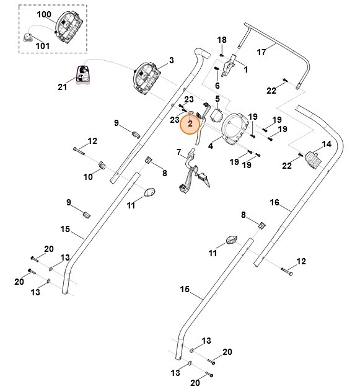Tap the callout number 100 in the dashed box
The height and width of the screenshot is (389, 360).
tap(45, 14)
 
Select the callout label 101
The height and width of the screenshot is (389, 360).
tap(43, 45)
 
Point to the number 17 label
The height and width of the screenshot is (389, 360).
tap(261, 52)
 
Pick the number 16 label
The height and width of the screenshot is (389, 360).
tap(275, 203)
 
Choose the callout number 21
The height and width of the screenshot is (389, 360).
tap(63, 87)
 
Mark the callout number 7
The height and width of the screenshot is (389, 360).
tap(178, 152)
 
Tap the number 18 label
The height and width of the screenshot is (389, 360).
tap(222, 40)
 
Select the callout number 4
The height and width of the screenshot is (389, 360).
tap(211, 146)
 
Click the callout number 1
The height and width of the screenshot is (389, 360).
tap(245, 70)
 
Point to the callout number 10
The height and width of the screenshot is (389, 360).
tap(88, 177)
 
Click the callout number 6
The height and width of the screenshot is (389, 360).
tap(217, 85)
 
